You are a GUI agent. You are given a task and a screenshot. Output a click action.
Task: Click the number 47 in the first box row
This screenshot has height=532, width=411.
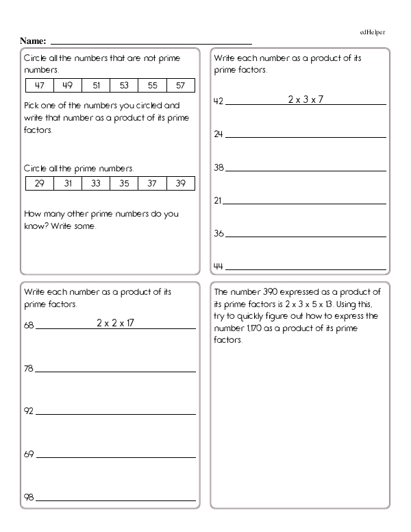pyautogui.click(x=40, y=86)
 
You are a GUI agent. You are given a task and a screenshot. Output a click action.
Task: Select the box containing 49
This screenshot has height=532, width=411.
pyautogui.click(x=68, y=86)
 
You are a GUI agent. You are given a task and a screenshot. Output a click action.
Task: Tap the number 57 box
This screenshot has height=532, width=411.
pyautogui.click(x=180, y=86)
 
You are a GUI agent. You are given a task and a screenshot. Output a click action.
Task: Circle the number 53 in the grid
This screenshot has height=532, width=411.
pyautogui.click(x=124, y=86)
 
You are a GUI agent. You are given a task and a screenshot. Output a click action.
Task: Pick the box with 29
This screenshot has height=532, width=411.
pyautogui.click(x=40, y=183)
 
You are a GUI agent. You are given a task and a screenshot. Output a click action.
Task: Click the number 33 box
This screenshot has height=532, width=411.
pyautogui.click(x=96, y=183)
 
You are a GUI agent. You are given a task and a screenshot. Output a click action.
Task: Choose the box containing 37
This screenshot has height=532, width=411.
pyautogui.click(x=152, y=183)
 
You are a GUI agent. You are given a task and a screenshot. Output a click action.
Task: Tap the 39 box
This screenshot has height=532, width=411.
pyautogui.click(x=180, y=183)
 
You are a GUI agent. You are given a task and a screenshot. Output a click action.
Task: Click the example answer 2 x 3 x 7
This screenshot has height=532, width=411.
pyautogui.click(x=305, y=99)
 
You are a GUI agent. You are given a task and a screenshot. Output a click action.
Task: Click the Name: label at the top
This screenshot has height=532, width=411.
pyautogui.click(x=33, y=40)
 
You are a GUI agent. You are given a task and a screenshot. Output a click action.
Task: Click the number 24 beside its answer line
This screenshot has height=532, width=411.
pyautogui.click(x=219, y=135)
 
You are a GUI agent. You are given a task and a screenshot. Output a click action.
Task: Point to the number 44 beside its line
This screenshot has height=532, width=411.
pyautogui.click(x=219, y=266)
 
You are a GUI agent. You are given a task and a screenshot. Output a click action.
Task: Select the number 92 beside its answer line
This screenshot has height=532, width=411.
pyautogui.click(x=29, y=413)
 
